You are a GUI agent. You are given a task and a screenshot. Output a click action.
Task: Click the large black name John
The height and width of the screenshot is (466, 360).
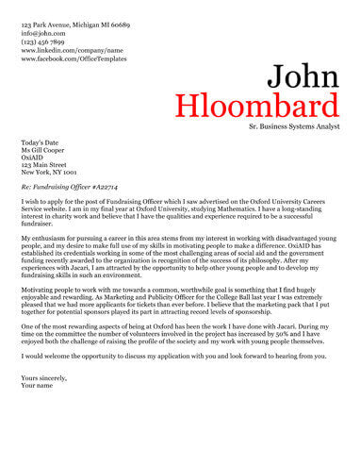pos(302,75)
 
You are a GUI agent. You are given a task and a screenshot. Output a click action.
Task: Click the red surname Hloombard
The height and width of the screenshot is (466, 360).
pos(256,104)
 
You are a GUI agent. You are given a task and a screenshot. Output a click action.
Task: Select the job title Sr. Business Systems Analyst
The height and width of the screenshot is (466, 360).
pos(293,125)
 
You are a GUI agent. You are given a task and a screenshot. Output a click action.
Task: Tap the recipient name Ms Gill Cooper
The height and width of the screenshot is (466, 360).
pos(46,152)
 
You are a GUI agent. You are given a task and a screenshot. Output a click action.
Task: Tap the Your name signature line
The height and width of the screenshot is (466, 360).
pos(38,386)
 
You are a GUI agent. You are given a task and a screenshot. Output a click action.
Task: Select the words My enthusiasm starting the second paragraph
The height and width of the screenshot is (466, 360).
pos(44,240)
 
